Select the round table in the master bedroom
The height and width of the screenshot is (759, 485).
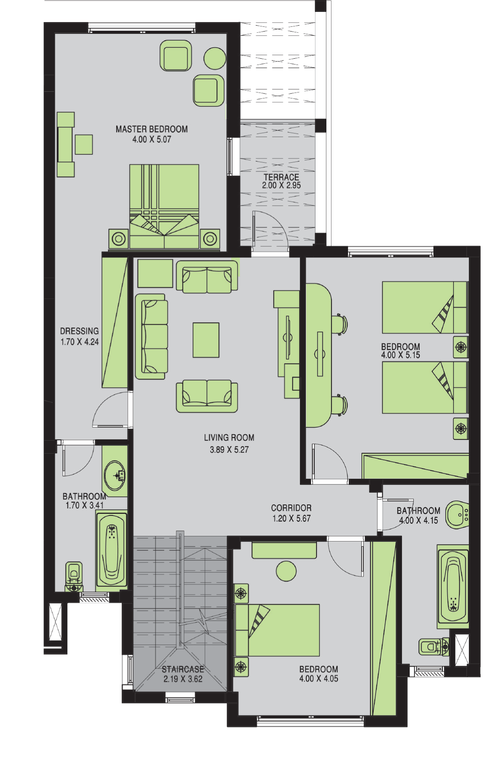[215, 58]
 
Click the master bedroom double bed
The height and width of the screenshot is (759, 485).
[164, 206]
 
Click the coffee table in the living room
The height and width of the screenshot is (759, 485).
[206, 340]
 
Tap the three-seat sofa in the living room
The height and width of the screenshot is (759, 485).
[152, 337]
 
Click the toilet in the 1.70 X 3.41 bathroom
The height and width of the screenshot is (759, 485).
[74, 577]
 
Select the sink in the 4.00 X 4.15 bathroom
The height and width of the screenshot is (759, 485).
[457, 515]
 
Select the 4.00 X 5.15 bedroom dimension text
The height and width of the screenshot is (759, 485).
[400, 355]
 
